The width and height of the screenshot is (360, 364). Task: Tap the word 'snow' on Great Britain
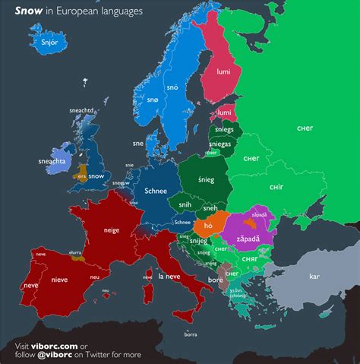point(96,176)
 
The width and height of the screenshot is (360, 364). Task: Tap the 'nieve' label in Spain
point(59,279)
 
